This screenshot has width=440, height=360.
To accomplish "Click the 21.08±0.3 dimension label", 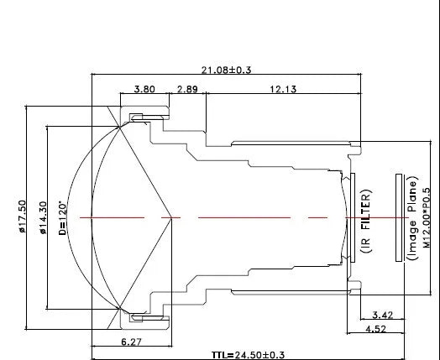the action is coord(226,70).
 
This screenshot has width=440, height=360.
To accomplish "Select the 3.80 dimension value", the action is coord(144,89).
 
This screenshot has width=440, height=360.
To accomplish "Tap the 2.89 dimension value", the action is coord(187,89).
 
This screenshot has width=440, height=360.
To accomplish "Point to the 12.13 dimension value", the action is coord(283,89).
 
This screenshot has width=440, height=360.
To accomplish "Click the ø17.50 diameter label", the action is coord(23,217).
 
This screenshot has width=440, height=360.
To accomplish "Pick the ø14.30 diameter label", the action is coord(43,218).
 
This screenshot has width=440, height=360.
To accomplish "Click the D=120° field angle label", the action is coord(63,218).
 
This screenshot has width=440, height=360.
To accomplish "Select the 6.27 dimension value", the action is coord(131,342).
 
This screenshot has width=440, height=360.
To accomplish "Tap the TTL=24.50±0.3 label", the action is coord(248,355).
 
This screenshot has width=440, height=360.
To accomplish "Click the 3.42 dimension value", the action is coord(383,316).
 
